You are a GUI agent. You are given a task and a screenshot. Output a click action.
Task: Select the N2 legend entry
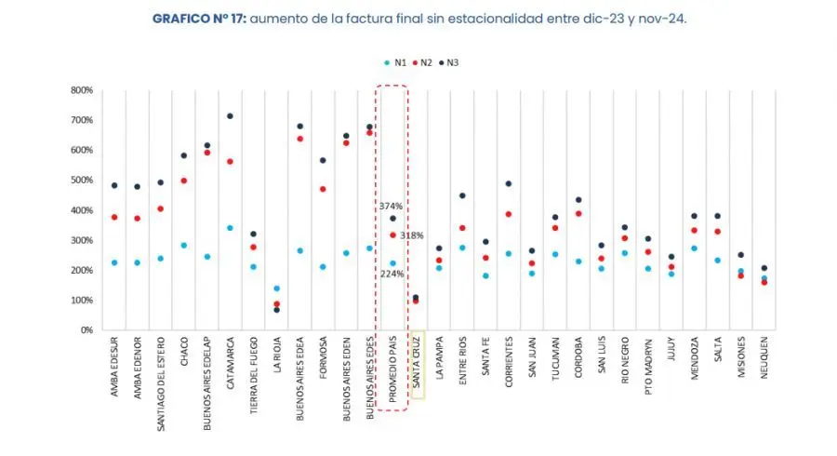424,62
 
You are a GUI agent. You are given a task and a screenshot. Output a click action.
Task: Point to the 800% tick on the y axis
81,90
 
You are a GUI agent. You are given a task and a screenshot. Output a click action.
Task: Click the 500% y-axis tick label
81,181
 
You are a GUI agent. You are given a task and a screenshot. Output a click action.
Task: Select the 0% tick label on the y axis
85,330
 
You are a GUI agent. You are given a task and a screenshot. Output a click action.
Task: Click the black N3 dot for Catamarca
230,116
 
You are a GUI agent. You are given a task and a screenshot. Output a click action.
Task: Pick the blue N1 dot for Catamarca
230,228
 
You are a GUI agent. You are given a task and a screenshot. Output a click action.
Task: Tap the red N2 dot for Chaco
184,181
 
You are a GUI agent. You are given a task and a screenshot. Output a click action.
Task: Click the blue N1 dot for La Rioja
276,288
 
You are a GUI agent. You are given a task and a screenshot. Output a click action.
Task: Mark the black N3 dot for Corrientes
509,184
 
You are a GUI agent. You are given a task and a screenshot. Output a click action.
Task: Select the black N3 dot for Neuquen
764,268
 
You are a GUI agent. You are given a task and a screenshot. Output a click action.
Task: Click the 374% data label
390,206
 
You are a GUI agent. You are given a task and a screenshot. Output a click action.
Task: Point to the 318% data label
412,235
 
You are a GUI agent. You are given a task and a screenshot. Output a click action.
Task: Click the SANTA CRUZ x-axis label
417,366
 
